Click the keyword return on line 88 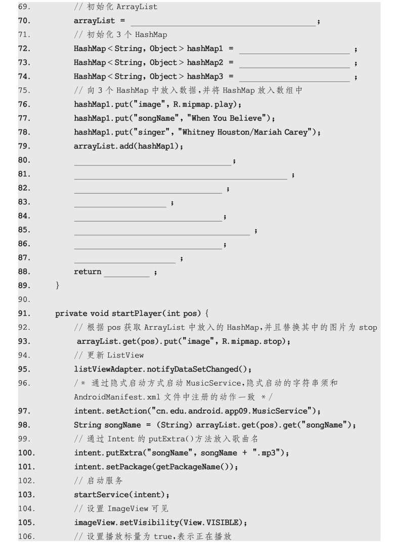[87, 272]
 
